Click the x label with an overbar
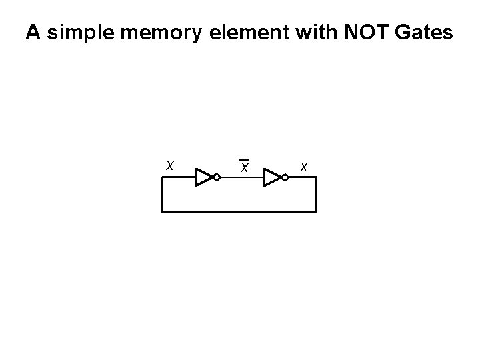point(245,167)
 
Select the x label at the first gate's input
point(171,165)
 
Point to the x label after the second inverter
point(304,166)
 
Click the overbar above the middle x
point(245,159)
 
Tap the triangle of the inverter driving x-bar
point(204,177)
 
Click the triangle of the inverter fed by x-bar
point(272,177)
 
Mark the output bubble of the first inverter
point(217,177)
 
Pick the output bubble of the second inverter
point(285,177)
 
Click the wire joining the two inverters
point(241,178)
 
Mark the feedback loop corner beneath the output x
point(317,212)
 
